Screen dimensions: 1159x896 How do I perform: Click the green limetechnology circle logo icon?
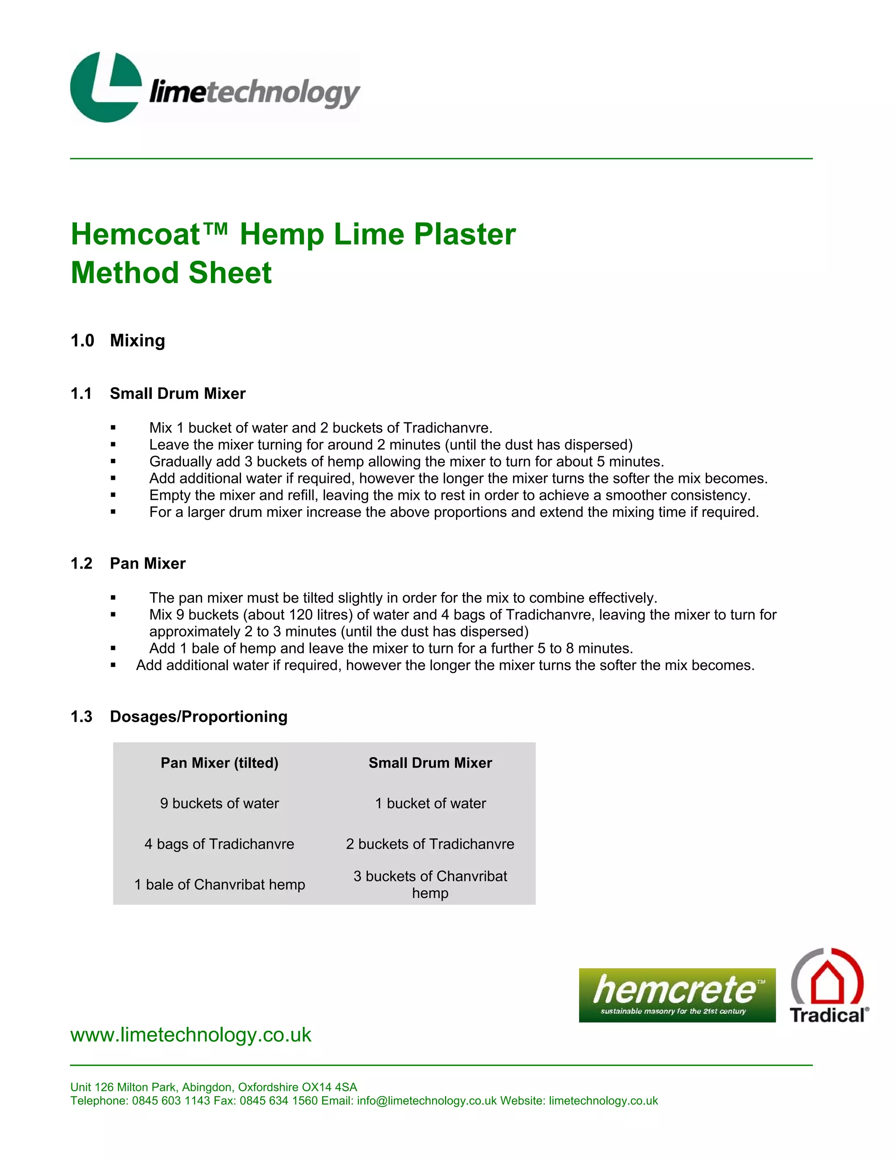click(x=106, y=87)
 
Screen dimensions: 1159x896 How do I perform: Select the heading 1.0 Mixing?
click(x=118, y=341)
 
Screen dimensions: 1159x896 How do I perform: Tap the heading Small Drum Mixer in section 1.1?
click(x=177, y=394)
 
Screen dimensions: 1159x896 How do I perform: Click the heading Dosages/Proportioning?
click(x=199, y=717)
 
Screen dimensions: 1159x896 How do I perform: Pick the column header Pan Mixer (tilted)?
click(x=219, y=763)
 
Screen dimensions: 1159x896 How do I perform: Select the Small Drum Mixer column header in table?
click(x=430, y=763)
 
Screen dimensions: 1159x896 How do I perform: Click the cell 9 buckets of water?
click(x=219, y=803)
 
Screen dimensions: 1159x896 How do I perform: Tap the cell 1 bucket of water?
click(x=430, y=803)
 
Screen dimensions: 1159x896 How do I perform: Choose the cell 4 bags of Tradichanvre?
click(x=219, y=844)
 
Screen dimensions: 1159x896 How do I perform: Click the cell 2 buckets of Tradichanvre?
click(x=430, y=844)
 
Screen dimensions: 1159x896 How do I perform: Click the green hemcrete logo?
click(x=677, y=995)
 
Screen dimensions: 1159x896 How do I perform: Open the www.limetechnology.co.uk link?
click(x=191, y=1035)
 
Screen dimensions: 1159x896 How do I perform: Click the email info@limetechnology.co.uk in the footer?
click(x=427, y=1101)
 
